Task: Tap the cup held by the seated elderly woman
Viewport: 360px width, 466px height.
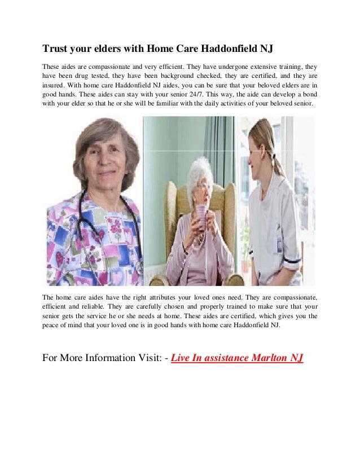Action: point(201,214)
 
